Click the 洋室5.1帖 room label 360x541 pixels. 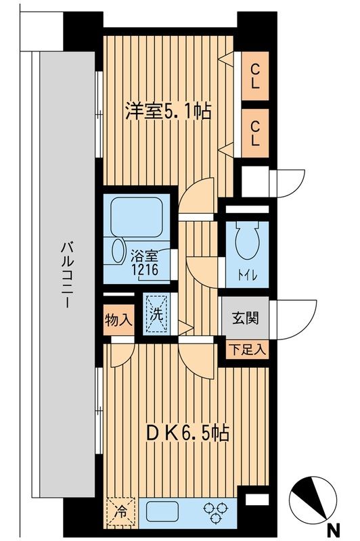[167, 112]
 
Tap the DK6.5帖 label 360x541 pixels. [184, 431]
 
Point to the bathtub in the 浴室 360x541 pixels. [139, 218]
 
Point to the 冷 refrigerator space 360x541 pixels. [120, 512]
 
